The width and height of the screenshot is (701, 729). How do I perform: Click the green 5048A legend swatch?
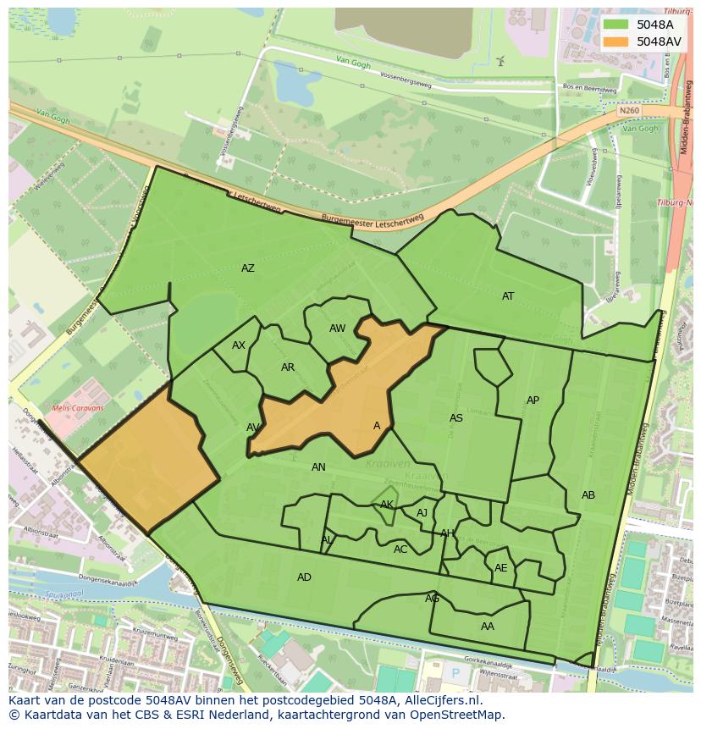616,25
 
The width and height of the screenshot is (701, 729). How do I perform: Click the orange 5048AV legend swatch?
616,41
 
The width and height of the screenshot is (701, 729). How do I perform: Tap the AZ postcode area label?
248,268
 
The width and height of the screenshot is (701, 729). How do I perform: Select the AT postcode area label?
508,296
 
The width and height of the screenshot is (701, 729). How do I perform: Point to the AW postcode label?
338,329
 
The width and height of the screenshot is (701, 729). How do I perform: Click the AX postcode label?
239,345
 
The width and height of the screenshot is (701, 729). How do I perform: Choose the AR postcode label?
288,367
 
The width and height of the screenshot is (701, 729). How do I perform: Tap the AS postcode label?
456,418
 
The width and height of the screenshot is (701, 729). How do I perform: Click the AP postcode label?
533,400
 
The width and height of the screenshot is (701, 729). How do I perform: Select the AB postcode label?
588,495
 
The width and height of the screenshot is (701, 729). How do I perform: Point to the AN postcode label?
318,467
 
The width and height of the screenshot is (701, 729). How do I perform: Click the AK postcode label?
387,505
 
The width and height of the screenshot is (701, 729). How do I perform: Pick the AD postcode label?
304,577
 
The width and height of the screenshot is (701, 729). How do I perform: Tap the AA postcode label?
488,627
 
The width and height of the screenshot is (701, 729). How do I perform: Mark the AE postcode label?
501,568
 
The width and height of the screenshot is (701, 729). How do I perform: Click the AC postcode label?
400,550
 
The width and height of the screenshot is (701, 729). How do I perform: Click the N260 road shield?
628,111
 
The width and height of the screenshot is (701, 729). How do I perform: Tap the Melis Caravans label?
78,408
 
